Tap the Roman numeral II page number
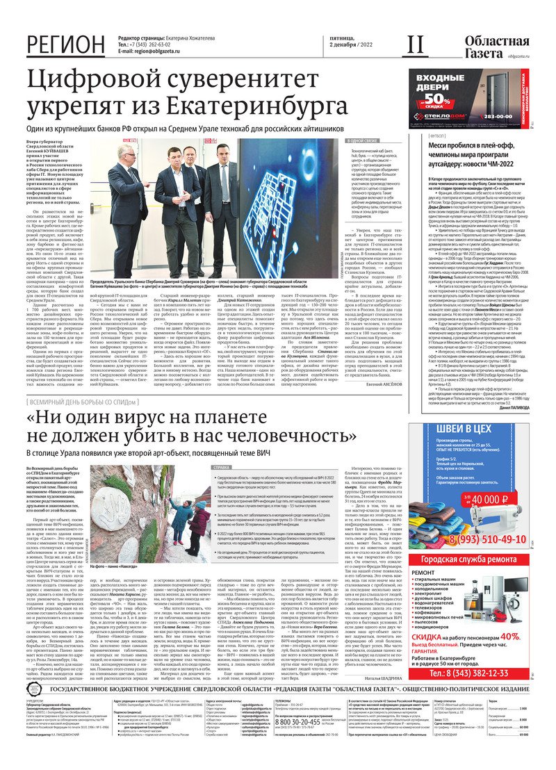[x=414, y=44]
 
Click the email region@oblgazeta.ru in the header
[x=163, y=51]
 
